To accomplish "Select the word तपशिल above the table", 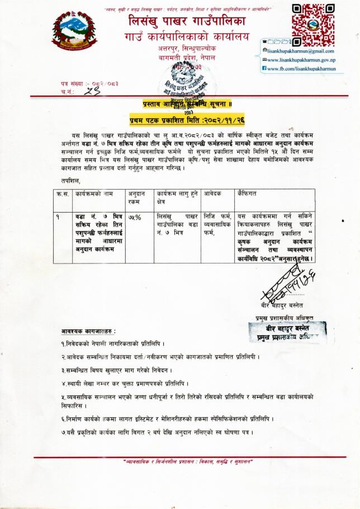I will tap(71, 180).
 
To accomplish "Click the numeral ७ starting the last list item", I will tap(63, 432).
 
